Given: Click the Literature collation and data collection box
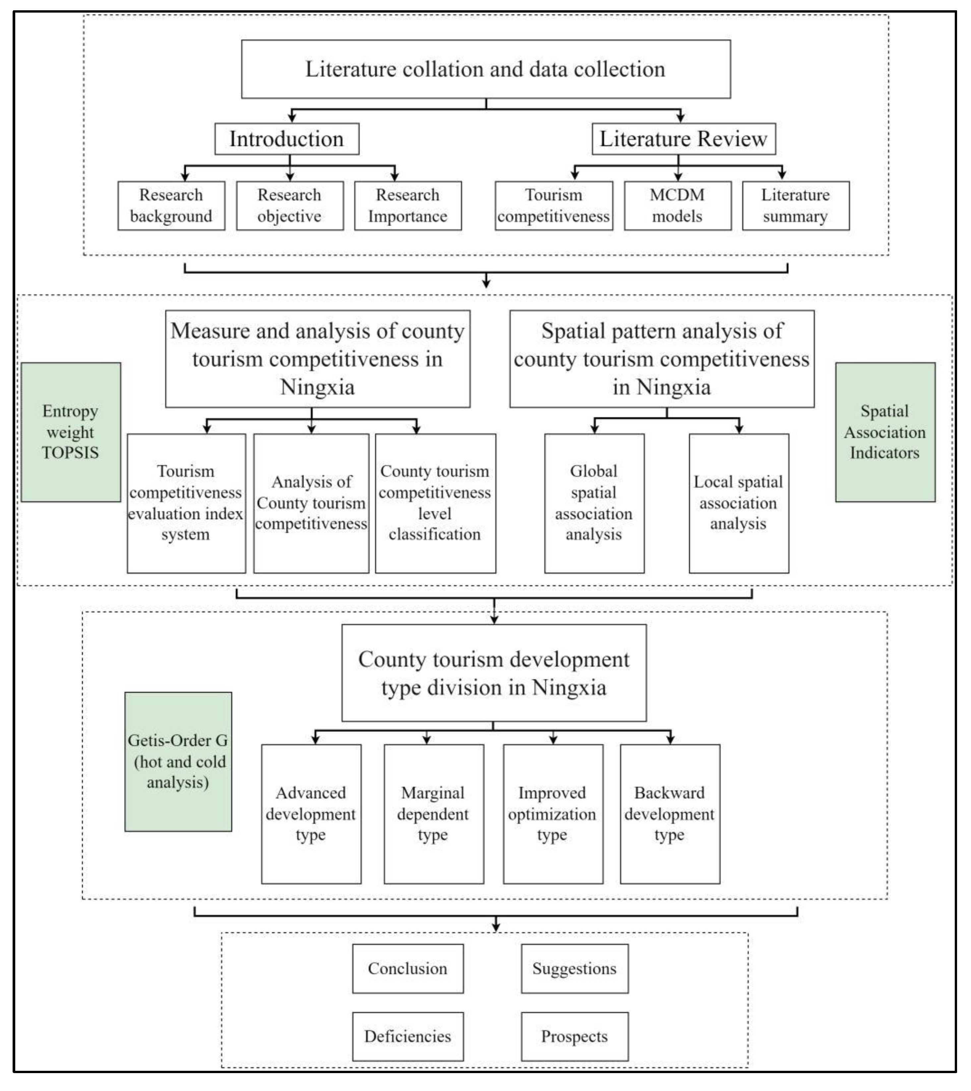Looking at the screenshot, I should coord(485,69).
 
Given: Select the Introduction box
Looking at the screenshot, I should coord(287,139).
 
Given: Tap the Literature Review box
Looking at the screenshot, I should coord(683,139).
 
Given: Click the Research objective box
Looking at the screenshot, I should coord(289,205).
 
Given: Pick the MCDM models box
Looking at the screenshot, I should coord(677,205).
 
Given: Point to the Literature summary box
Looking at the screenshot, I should coord(795,205).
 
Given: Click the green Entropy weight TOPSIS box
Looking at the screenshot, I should coord(71,432).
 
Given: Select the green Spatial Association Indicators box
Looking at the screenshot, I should coord(885,432).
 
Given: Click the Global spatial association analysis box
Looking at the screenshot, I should coord(594,503).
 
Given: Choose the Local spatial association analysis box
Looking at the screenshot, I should coord(738,503).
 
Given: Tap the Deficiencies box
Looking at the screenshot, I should coord(407,1037).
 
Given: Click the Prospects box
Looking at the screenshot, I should coord(574,1037).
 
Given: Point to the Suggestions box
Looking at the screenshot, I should coord(574,969).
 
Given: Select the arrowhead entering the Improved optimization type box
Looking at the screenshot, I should coord(553,739).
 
